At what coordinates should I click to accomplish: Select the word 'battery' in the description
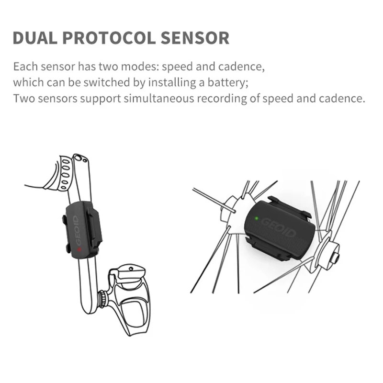click(x=229, y=82)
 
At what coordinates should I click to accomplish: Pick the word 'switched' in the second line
click(x=108, y=82)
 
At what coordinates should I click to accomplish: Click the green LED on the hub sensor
click(x=257, y=219)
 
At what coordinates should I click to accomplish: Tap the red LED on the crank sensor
click(x=79, y=249)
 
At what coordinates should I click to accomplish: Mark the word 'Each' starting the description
click(x=23, y=66)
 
